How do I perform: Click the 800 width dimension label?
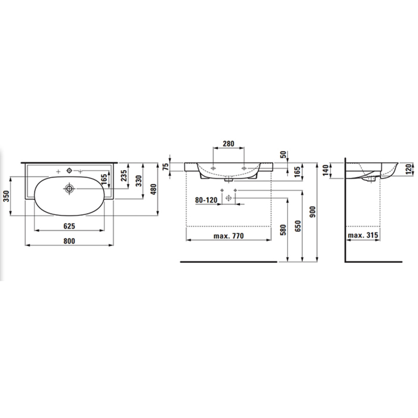pyautogui.click(x=69, y=241)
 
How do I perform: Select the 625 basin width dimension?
pyautogui.click(x=69, y=226)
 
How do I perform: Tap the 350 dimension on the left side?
pyautogui.click(x=7, y=196)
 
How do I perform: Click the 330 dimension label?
pyautogui.click(x=139, y=181)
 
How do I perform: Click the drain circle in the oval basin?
pyautogui.click(x=69, y=188)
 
